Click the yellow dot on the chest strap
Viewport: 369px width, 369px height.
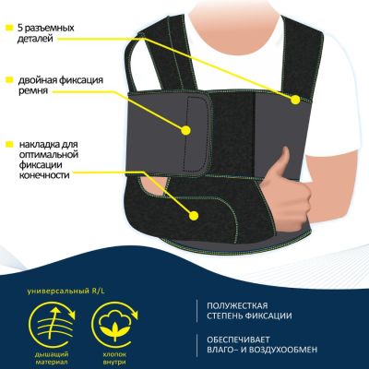295,100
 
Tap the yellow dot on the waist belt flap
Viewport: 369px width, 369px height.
185,130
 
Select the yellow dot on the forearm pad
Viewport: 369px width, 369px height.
194,215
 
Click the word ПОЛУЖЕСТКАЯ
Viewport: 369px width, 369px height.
237,306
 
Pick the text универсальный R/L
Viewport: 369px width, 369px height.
65,291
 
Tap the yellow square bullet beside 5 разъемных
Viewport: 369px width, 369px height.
9,28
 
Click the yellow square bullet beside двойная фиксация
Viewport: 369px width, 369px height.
9,80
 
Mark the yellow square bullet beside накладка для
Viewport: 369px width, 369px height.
9,144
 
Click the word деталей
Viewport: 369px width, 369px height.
35,39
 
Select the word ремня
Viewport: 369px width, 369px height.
33,91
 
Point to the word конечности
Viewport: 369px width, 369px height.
44,175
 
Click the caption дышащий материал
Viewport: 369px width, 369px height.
52,358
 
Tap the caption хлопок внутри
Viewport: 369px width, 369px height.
114,358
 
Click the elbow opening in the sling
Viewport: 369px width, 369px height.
154,186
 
